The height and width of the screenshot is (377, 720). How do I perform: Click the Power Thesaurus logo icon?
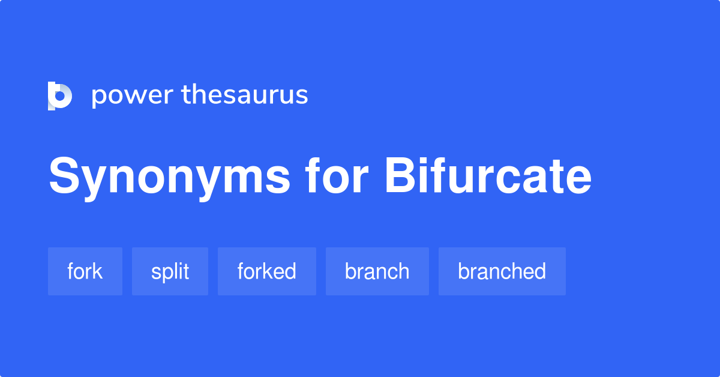pos(60,95)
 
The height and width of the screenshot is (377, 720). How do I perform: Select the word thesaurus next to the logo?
pos(245,95)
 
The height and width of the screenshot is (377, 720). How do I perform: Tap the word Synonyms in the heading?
pos(169,177)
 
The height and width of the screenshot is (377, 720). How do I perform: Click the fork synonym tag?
pos(85,271)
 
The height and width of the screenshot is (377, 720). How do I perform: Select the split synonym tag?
pos(170,271)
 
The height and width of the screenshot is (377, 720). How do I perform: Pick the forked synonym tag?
pos(266,271)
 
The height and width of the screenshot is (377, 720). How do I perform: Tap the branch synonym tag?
pos(377,271)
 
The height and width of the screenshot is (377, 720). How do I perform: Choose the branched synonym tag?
pos(502,271)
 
